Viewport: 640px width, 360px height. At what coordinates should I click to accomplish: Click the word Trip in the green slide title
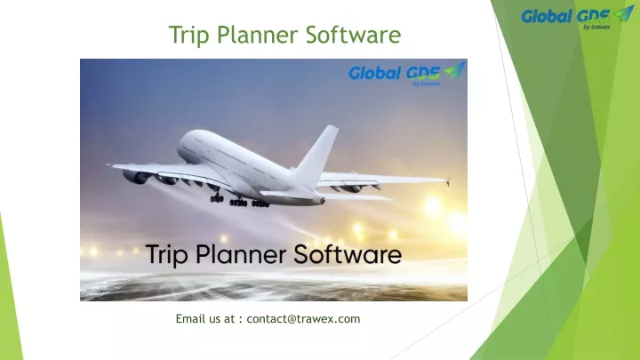pos(189,35)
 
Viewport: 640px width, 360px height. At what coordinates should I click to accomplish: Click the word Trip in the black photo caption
pos(166,255)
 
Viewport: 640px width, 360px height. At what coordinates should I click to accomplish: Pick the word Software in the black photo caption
pos(348,254)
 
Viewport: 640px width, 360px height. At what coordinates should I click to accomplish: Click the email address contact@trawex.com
pos(303,319)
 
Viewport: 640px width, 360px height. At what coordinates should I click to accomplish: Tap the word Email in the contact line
pos(191,319)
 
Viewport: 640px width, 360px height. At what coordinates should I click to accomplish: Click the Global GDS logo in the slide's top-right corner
pos(578,18)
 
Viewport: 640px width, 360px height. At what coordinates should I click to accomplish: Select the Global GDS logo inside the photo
pos(407,74)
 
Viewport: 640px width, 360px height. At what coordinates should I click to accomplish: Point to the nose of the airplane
pos(180,146)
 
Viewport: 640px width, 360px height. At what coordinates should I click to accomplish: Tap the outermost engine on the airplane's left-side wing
pos(135,177)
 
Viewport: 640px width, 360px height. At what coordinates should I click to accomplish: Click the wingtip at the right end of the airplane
pos(448,181)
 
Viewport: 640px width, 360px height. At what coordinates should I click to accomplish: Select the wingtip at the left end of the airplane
pos(109,165)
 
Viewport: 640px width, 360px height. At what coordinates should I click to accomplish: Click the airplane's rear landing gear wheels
pos(249,203)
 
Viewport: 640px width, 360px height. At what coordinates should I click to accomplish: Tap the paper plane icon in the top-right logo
pos(624,13)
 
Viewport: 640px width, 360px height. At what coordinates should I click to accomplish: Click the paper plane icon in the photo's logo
pos(455,70)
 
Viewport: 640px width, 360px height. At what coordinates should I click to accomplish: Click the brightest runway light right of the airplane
pos(433,205)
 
